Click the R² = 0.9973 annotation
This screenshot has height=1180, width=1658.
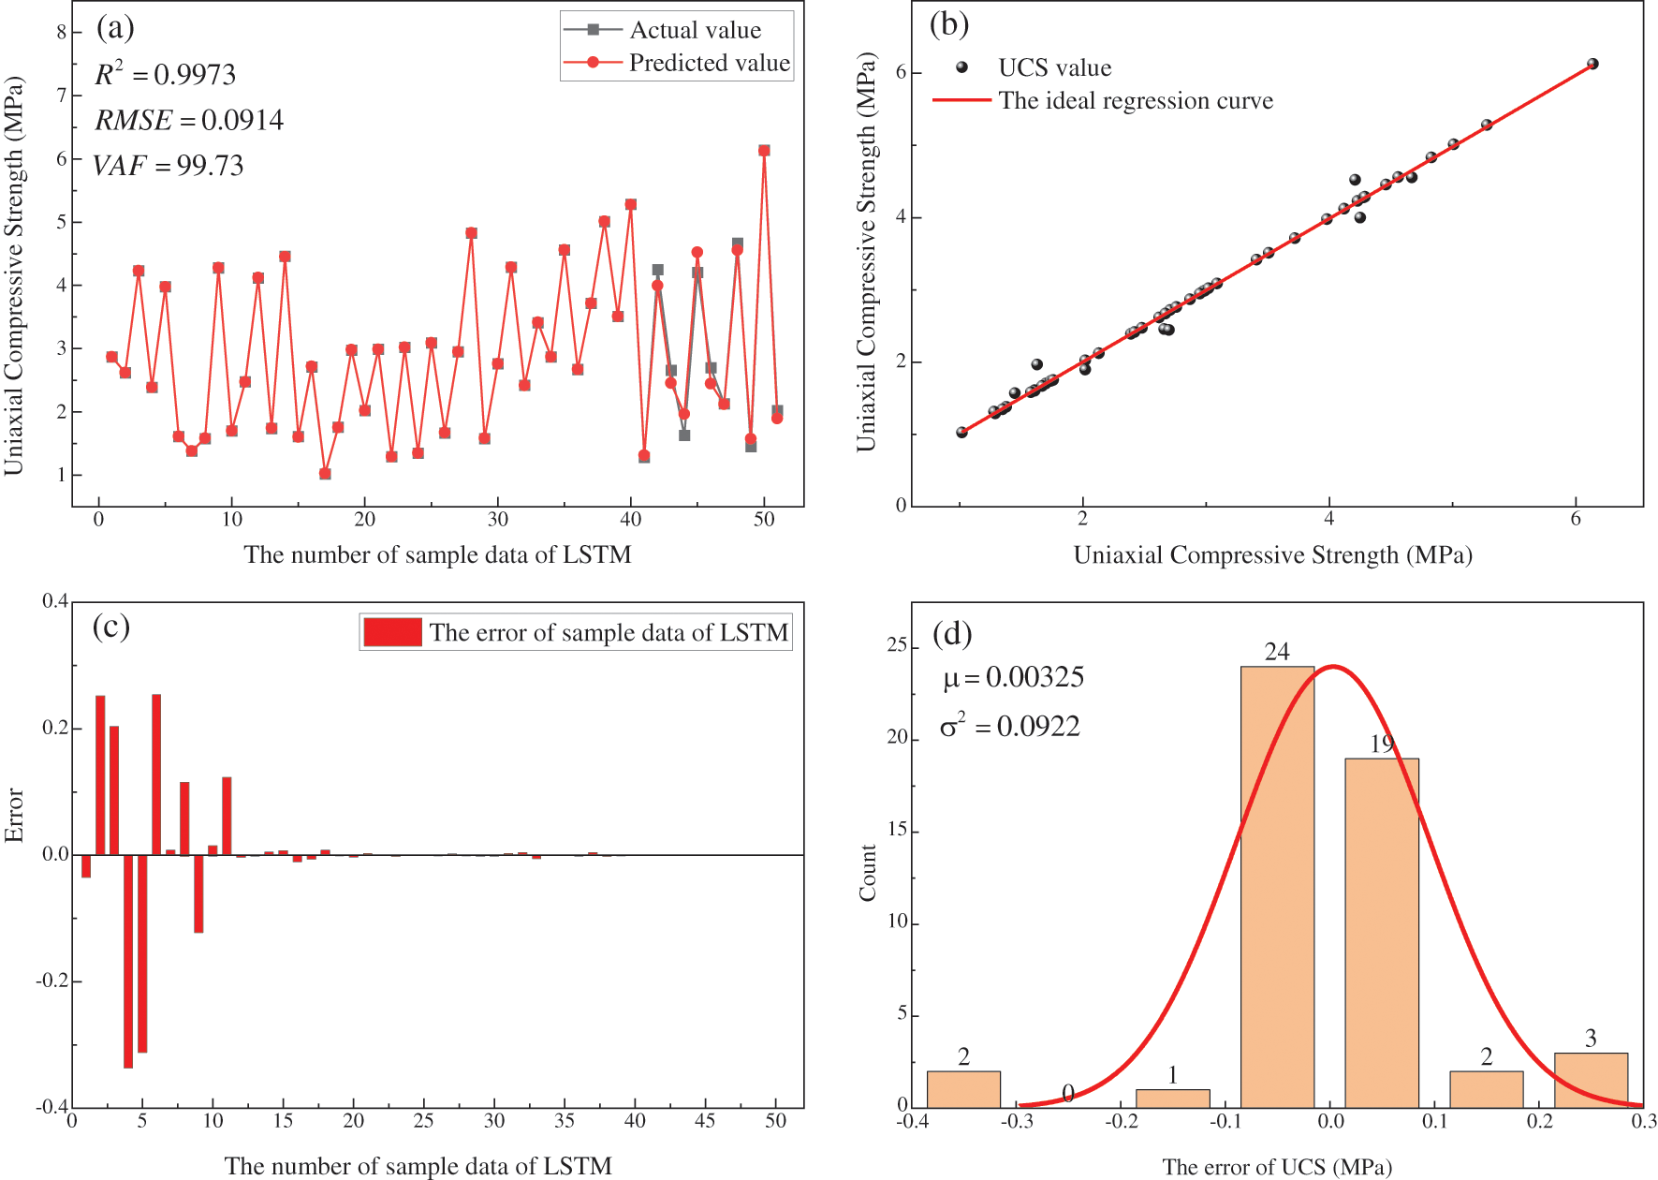[x=165, y=74]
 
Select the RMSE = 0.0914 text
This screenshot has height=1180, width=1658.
[x=188, y=120]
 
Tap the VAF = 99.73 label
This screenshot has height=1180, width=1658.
[x=169, y=166]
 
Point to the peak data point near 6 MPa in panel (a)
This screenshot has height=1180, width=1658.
[x=764, y=150]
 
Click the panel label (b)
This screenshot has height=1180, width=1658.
[x=948, y=23]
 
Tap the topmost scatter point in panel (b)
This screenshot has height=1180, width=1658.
[x=1592, y=64]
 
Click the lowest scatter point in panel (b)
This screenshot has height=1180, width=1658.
[x=961, y=432]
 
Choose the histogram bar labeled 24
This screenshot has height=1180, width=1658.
[x=1277, y=885]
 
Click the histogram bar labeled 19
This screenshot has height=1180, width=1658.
[x=1382, y=932]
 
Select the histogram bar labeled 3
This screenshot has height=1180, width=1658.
[x=1591, y=1080]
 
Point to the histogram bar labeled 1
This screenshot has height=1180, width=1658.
[x=1172, y=1098]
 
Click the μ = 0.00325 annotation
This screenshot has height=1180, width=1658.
[x=1013, y=677]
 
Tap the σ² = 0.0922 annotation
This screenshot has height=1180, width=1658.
[x=1010, y=726]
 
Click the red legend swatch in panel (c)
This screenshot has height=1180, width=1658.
[x=392, y=632]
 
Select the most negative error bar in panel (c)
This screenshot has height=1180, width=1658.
[x=128, y=961]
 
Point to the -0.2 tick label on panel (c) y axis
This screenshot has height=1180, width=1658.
[x=52, y=981]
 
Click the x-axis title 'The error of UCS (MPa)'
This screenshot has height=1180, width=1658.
[x=1276, y=1167]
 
